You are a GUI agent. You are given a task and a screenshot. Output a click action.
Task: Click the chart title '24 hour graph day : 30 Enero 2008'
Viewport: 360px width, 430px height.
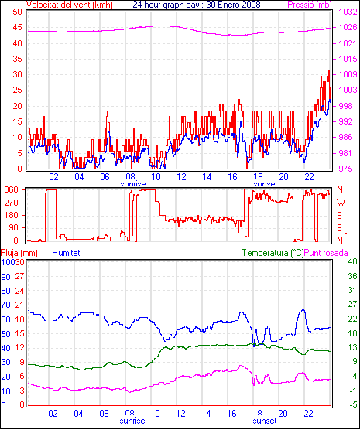tap(197, 5)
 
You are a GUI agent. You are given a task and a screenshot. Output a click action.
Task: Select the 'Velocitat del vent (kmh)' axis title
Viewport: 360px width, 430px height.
tap(70, 5)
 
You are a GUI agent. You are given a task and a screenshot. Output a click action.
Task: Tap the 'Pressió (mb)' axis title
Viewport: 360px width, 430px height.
tap(310, 5)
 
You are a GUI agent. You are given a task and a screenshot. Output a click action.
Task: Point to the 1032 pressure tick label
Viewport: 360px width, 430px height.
tap(348, 12)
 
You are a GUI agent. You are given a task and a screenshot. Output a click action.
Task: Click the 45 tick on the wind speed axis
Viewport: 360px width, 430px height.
tap(17, 27)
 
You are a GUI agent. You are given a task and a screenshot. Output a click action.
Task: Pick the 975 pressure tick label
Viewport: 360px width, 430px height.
tap(345, 169)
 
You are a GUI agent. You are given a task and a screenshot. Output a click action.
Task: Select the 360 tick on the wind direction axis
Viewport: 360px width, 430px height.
tap(12, 189)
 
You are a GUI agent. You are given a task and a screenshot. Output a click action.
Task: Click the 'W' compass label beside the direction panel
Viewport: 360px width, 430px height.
tap(341, 203)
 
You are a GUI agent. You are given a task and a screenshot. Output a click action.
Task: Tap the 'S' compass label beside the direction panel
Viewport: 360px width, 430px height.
tap(339, 216)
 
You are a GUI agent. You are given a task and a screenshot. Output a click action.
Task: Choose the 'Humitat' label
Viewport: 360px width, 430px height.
tap(66, 253)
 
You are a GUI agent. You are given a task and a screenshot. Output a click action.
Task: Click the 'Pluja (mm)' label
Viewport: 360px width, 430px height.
tap(19, 253)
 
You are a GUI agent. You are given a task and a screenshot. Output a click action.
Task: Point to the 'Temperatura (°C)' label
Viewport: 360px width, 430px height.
tap(273, 253)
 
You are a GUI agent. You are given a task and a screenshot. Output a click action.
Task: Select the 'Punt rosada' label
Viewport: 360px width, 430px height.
tap(326, 253)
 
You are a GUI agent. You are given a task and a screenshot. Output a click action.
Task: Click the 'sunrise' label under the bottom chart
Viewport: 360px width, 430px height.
tap(132, 421)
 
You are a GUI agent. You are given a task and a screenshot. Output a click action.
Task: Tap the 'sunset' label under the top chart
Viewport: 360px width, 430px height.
tap(266, 184)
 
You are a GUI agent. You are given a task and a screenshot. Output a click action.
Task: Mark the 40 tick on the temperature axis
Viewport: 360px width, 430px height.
tap(352, 261)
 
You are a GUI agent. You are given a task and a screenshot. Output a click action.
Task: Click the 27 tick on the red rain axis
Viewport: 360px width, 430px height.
tap(19, 276)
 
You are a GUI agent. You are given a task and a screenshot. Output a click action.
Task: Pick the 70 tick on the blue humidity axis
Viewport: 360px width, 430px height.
tap(5, 305)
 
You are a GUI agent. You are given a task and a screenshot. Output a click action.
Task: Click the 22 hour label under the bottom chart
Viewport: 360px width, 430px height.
tap(308, 413)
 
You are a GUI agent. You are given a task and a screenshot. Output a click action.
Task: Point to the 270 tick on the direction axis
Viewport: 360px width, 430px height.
tap(12, 203)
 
